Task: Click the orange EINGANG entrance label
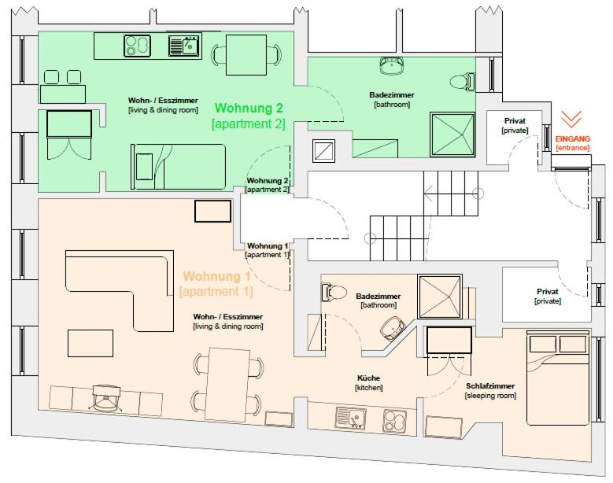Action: (x=573, y=138)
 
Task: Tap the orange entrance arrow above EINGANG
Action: (x=571, y=120)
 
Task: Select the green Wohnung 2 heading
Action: (x=249, y=108)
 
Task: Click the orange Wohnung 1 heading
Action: (x=216, y=276)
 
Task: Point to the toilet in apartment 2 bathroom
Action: (x=462, y=82)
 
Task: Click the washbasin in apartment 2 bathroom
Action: (x=391, y=65)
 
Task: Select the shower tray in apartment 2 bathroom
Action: (x=452, y=135)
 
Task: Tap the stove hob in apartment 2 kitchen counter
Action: (x=137, y=46)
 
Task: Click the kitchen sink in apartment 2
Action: (x=184, y=46)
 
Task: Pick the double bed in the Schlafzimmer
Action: (x=557, y=378)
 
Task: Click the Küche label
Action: (x=368, y=378)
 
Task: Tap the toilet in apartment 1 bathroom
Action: (x=334, y=293)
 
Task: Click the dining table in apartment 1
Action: (x=228, y=385)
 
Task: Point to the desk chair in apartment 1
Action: (x=105, y=397)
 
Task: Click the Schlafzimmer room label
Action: (x=490, y=385)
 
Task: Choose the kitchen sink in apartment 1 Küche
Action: (x=351, y=418)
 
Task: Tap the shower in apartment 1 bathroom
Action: (x=440, y=297)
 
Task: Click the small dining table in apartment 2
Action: (x=246, y=55)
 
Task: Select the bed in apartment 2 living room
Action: (x=179, y=167)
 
